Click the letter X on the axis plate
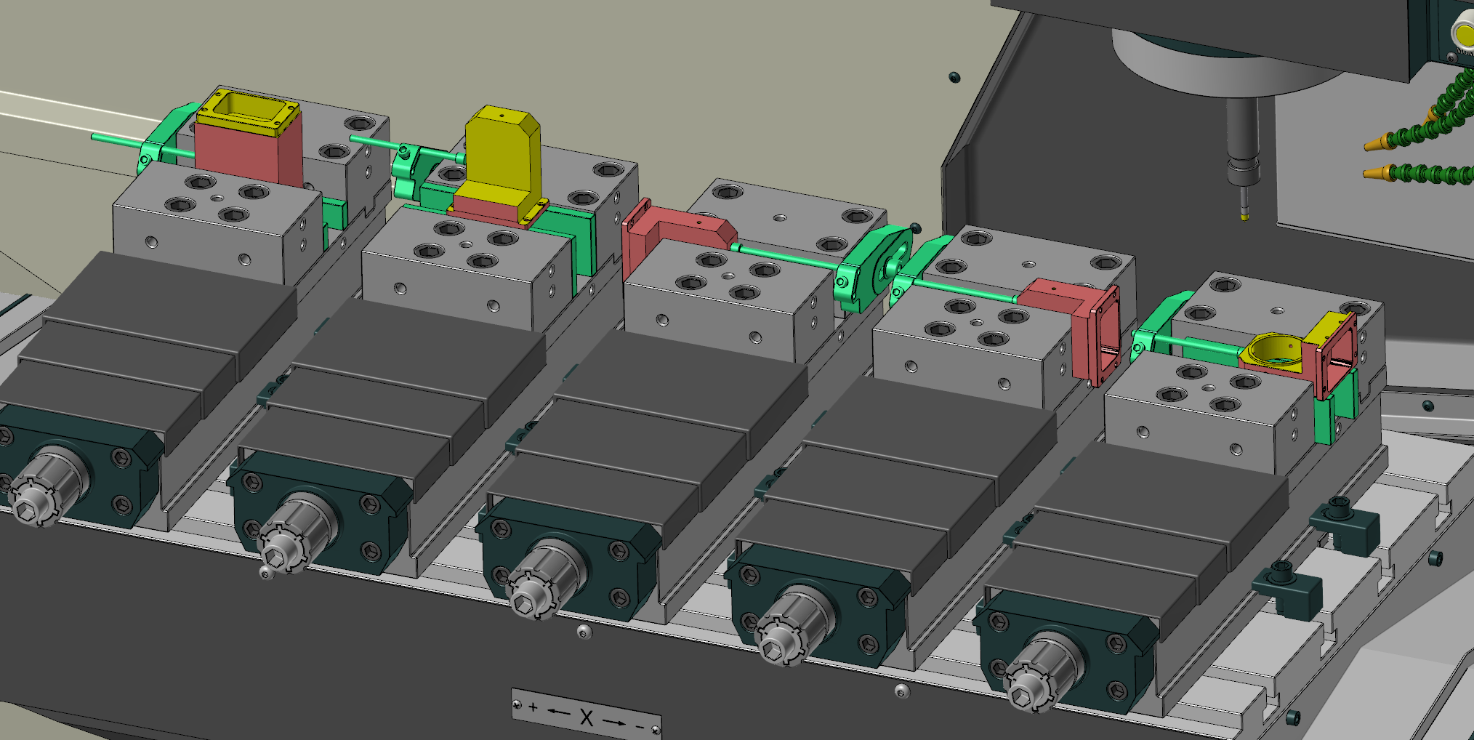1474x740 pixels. coord(587,717)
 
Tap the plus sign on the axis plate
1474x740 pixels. coord(533,707)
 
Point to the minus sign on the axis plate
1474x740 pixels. coord(640,725)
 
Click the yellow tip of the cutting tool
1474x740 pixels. coord(1244,214)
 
